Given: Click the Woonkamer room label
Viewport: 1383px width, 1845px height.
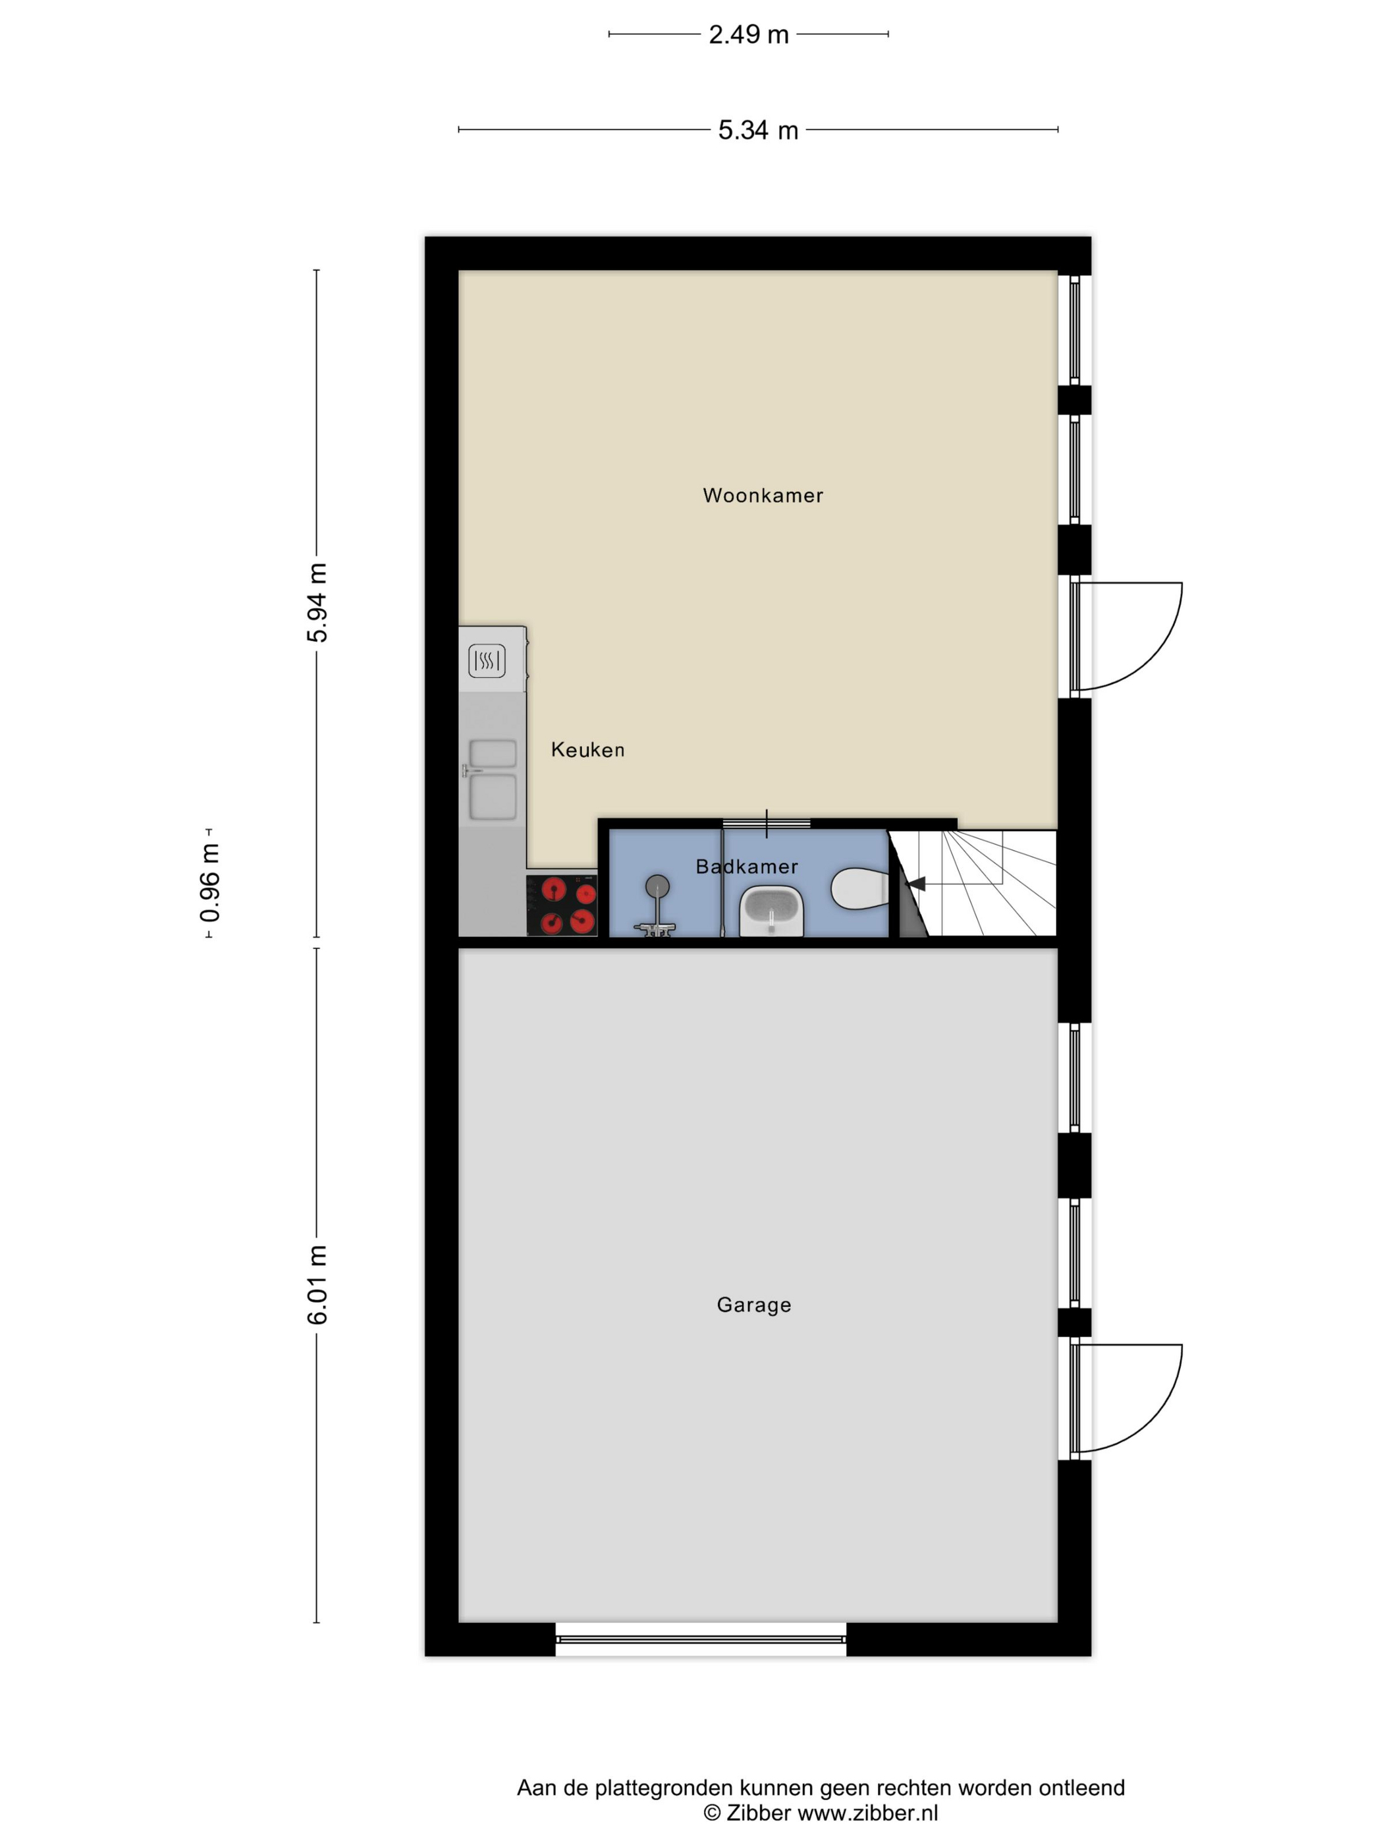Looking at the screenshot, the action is click(763, 496).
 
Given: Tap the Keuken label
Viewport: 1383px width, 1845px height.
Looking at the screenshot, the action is click(587, 750).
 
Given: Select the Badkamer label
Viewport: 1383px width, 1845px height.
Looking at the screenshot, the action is click(747, 866).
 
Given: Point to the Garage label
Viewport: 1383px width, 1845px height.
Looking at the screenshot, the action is click(753, 1305).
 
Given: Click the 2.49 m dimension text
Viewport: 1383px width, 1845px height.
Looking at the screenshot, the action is click(749, 34).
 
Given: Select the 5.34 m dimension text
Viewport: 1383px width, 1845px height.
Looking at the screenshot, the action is click(758, 130).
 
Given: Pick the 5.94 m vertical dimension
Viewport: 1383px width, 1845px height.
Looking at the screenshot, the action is click(317, 602).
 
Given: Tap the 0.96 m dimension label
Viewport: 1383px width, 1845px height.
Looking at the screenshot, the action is click(210, 882).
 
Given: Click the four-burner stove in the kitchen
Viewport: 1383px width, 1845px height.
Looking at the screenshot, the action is click(562, 905).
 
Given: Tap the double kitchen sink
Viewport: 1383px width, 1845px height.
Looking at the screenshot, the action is click(493, 779).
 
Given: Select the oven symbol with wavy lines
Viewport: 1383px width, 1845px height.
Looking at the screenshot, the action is click(487, 662).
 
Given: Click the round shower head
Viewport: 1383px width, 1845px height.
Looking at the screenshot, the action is click(658, 885).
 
